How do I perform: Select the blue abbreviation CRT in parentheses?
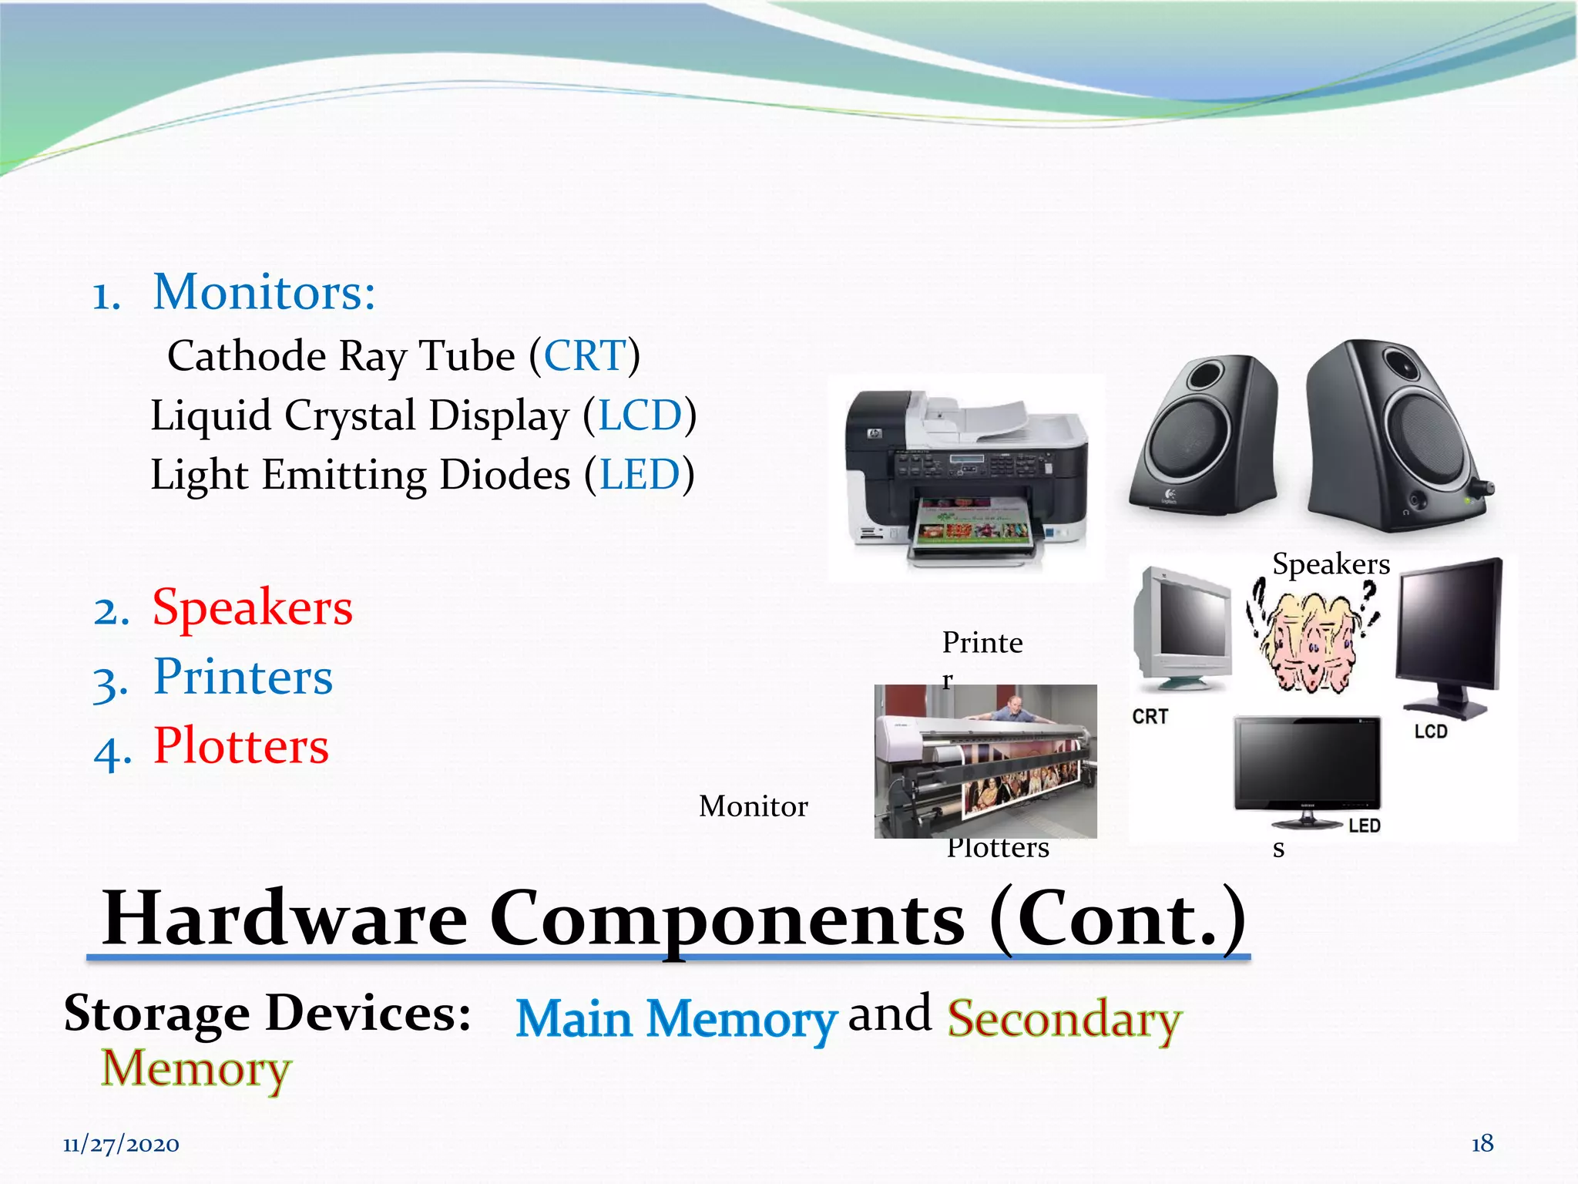[585, 356]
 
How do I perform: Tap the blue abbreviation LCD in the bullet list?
[640, 415]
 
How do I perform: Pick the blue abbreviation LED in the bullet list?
[640, 475]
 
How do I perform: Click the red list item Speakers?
[252, 607]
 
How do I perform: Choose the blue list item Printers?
[243, 677]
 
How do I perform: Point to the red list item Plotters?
[240, 746]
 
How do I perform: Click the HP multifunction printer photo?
[967, 478]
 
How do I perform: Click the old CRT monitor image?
[1181, 628]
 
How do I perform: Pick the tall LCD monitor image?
[1449, 636]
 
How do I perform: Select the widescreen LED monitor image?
[1308, 767]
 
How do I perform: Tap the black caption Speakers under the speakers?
[1331, 564]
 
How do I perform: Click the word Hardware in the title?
[285, 919]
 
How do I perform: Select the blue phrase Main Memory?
[676, 1019]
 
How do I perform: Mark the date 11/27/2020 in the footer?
[121, 1145]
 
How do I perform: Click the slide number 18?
[1482, 1143]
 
